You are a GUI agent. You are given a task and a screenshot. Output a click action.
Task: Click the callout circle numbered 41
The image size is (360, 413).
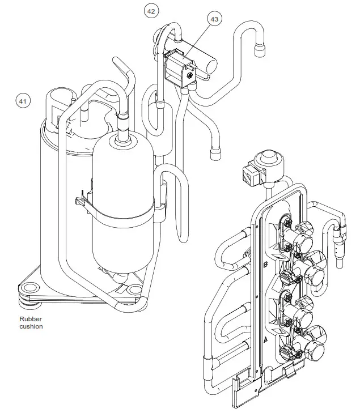[x=23, y=101]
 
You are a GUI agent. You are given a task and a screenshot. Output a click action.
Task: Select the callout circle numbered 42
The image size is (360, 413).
[x=151, y=11]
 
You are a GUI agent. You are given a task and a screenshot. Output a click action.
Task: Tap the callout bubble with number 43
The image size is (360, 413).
[x=214, y=19]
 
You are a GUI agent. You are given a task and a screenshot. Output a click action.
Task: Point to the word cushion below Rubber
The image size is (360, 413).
[x=31, y=326]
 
